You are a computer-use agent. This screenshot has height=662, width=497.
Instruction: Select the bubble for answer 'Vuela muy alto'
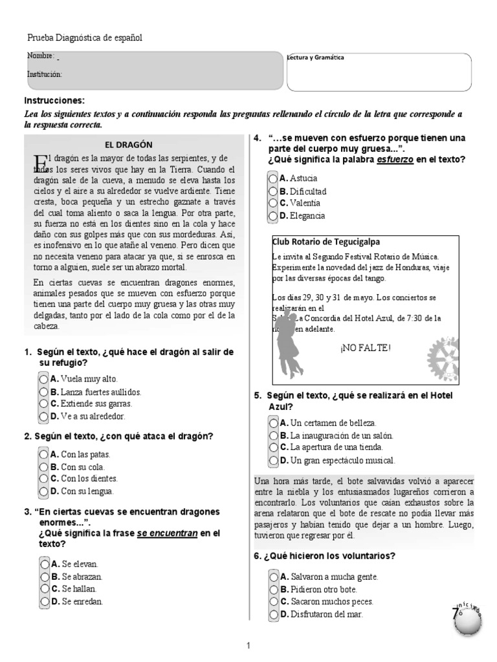(43, 379)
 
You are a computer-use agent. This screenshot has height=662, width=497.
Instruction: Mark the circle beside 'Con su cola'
(43, 467)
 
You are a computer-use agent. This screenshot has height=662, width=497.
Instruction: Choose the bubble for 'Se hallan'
(43, 589)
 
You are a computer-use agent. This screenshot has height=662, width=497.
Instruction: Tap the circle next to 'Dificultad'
(274, 191)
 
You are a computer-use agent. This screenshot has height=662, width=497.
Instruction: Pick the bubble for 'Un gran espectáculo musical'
(274, 460)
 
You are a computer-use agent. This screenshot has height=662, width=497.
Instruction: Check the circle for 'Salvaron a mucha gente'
(274, 577)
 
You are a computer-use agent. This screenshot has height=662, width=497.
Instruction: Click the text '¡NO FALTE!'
(365, 348)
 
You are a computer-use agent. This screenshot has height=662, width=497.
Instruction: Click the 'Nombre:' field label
(41, 56)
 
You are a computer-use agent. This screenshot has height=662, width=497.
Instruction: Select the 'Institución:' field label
(45, 74)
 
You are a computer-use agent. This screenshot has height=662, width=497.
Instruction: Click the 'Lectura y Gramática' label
(315, 58)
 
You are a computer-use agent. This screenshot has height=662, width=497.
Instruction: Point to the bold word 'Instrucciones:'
(54, 101)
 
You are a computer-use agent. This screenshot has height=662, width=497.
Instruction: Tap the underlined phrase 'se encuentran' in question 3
(166, 534)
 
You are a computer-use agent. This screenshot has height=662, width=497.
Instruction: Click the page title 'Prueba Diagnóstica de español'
(84, 38)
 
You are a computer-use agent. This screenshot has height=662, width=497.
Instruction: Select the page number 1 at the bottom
(249, 645)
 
